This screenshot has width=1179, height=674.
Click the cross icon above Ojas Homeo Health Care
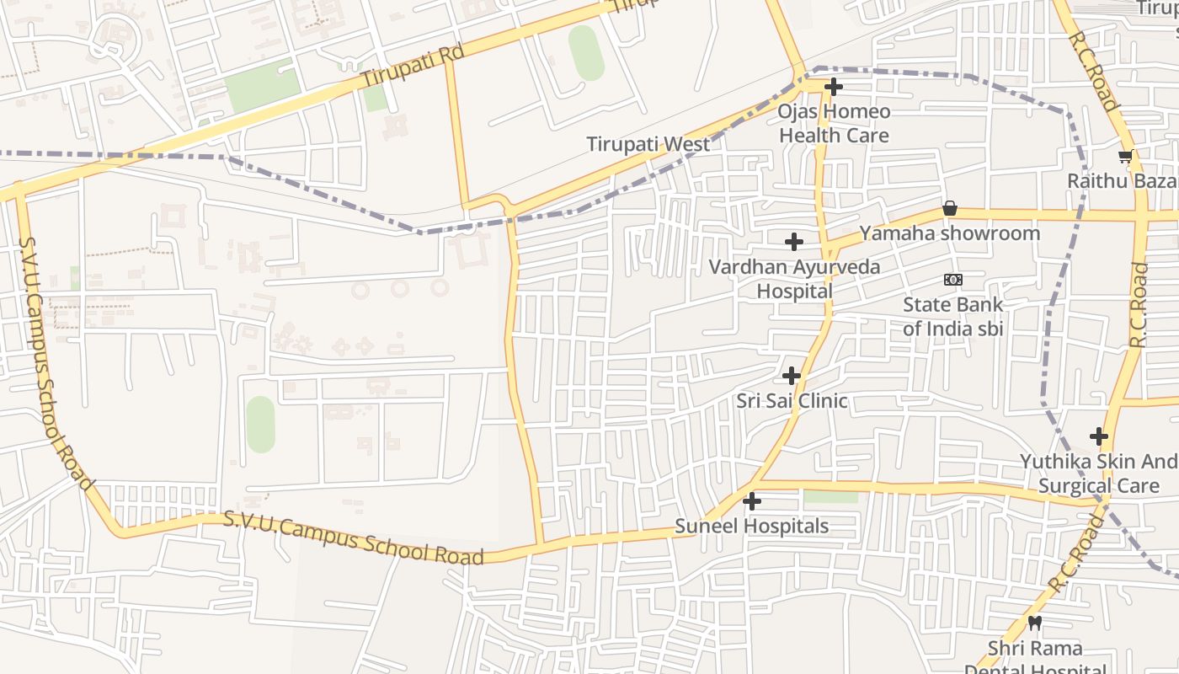click(x=833, y=87)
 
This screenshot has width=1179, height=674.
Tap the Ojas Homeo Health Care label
click(x=833, y=123)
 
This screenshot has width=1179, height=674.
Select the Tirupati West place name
click(x=648, y=144)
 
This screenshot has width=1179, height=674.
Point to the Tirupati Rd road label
click(x=413, y=66)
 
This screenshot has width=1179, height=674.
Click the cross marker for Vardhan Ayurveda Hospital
click(x=793, y=243)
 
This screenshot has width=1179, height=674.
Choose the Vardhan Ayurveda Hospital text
click(x=793, y=279)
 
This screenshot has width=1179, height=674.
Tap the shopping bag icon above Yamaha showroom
click(x=949, y=208)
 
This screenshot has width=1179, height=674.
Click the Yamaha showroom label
click(x=949, y=233)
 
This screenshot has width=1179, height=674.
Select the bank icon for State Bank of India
click(x=952, y=280)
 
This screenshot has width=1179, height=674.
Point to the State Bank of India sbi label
click(x=952, y=316)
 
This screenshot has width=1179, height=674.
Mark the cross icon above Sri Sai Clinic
click(x=791, y=376)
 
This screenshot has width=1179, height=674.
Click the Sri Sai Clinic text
click(x=791, y=401)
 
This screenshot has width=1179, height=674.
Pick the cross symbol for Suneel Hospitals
click(x=751, y=502)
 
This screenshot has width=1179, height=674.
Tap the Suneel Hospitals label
click(x=751, y=527)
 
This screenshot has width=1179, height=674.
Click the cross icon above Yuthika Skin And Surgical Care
click(x=1098, y=436)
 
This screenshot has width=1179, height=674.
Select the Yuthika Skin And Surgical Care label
click(x=1098, y=473)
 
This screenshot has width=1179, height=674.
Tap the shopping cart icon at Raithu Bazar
click(x=1124, y=156)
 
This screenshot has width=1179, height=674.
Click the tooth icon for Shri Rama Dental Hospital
click(x=1035, y=623)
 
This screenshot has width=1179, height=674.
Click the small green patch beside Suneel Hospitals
click(x=830, y=497)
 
